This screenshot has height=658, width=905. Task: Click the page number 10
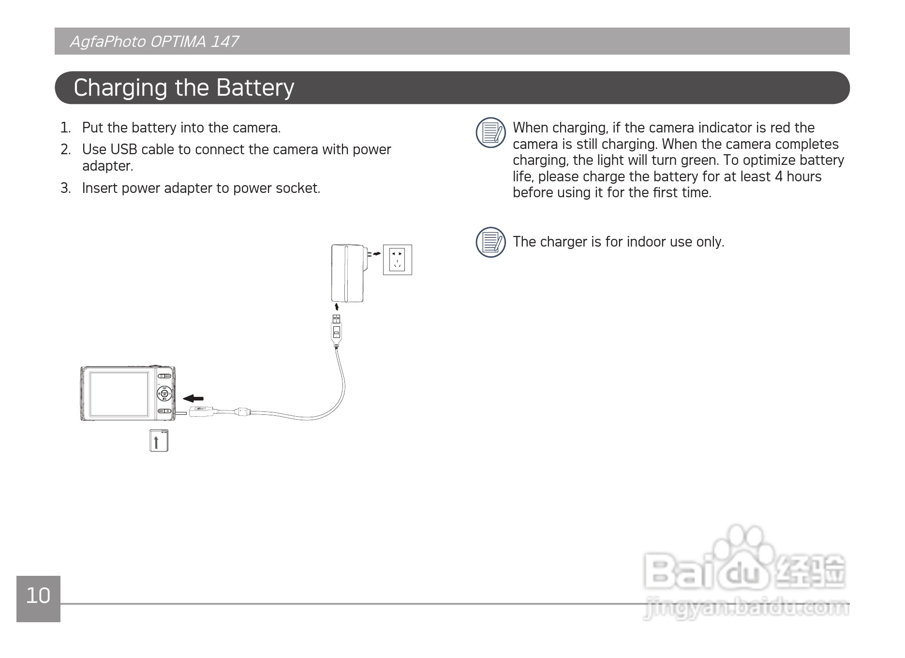tap(38, 596)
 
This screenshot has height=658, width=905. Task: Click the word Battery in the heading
tap(255, 88)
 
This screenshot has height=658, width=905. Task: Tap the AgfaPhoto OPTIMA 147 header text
tap(154, 42)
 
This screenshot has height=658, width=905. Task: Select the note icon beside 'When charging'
tap(490, 132)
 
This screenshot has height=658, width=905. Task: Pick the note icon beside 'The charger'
tap(490, 242)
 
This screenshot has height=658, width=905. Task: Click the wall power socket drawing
tap(397, 260)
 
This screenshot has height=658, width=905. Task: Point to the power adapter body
tap(347, 274)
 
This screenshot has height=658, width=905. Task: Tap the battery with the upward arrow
tap(159, 440)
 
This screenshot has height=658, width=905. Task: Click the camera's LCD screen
tap(119, 394)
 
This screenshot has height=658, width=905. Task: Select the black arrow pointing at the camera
tap(193, 398)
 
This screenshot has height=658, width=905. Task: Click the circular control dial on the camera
tap(164, 394)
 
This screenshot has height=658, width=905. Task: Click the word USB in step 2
tap(124, 150)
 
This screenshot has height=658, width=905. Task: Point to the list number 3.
tap(65, 188)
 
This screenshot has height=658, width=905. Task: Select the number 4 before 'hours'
tap(778, 176)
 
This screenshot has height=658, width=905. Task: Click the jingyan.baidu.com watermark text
tap(746, 608)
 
